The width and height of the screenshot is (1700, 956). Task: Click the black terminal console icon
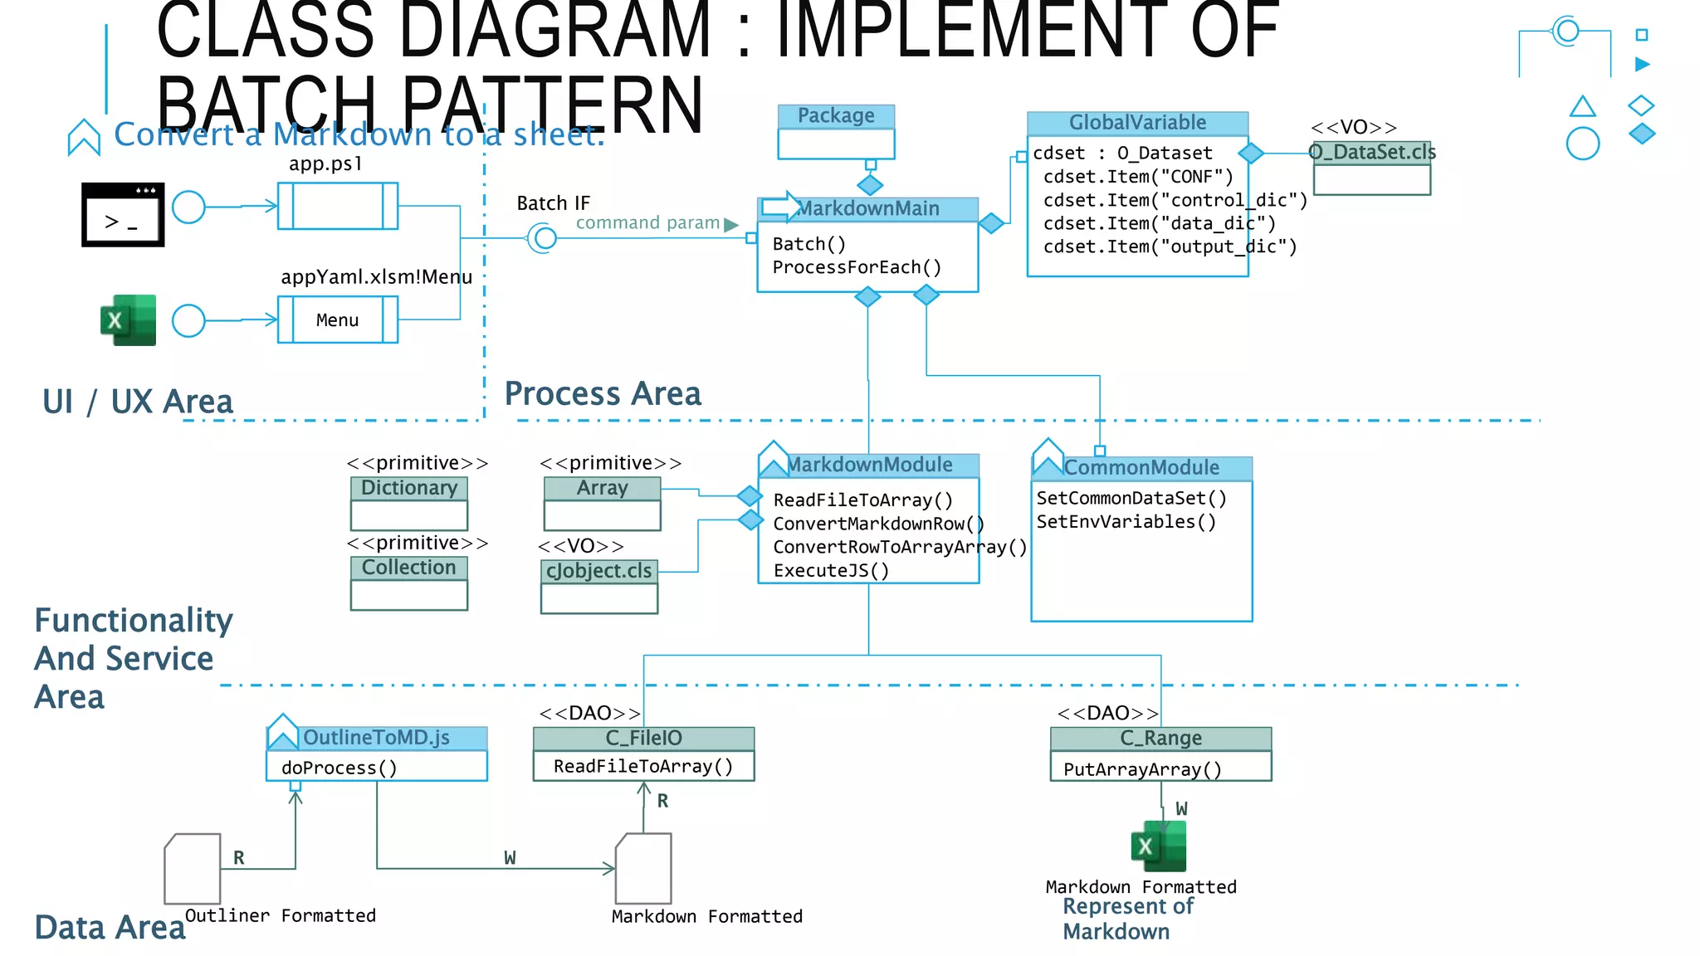123,214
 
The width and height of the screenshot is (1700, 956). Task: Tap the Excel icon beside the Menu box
128,319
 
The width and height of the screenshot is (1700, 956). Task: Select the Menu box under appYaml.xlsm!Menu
337,320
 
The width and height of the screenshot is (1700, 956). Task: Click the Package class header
836,116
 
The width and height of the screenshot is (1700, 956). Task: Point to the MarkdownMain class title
868,208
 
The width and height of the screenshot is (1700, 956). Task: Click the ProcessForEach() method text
857,267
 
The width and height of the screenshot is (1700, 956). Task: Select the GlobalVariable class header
1137,123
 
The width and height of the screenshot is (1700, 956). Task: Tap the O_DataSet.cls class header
1372,153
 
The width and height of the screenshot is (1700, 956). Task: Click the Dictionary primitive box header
409,488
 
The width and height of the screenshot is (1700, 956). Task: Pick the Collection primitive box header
409,568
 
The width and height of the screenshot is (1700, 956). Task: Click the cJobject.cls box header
598,571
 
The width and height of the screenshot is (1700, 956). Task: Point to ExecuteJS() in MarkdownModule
831,570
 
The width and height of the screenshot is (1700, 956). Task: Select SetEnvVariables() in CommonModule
1126,522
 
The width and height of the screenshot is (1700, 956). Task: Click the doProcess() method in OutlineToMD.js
339,768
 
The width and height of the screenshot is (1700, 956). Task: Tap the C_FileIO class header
643,738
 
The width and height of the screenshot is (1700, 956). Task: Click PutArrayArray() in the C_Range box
1142,769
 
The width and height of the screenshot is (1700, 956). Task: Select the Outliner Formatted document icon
193,869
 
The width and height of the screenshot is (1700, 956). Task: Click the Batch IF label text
553,203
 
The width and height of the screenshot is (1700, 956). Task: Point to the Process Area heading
603,393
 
